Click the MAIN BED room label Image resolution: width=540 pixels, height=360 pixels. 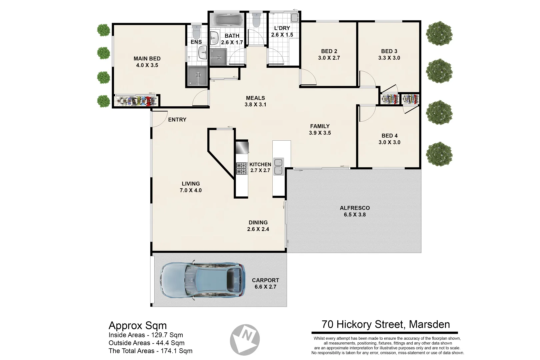[147, 59]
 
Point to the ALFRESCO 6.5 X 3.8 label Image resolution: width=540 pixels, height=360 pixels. [355, 211]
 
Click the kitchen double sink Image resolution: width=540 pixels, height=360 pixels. [278, 167]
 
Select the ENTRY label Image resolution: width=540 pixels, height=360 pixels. [177, 120]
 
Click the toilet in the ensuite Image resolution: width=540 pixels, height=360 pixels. [196, 32]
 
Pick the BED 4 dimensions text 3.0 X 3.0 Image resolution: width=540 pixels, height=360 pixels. [389, 142]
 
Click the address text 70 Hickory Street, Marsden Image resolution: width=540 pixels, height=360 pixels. [386, 324]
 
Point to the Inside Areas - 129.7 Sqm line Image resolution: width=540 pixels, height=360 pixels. [146, 335]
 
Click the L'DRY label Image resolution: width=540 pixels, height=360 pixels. [282, 28]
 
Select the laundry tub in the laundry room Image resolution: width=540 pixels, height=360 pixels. [294, 17]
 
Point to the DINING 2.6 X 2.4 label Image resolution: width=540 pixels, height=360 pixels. [258, 226]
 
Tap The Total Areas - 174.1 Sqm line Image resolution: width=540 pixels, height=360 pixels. [150, 351]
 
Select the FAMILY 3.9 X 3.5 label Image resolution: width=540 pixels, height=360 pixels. [320, 129]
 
